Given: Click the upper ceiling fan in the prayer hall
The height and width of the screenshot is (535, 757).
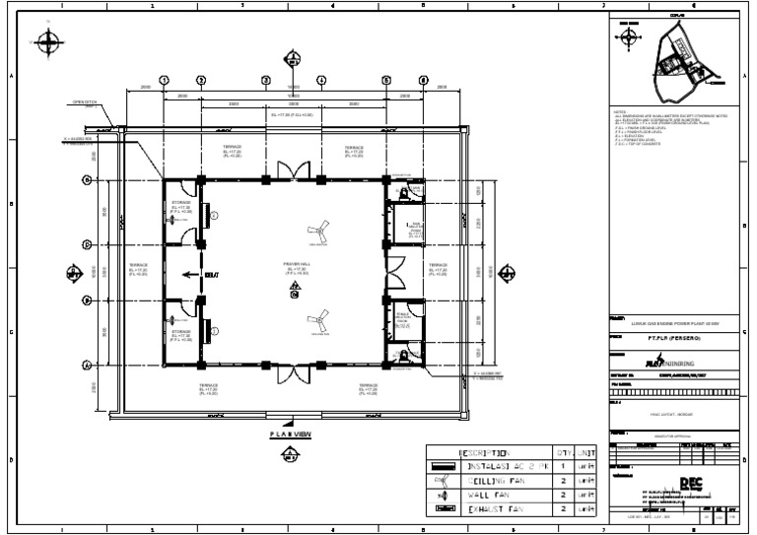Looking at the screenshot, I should point(317,233).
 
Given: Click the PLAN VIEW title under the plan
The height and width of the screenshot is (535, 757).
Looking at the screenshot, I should point(291,434).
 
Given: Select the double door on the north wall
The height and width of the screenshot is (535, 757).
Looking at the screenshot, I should point(293,169).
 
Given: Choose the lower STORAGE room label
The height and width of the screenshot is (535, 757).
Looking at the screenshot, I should point(180,334).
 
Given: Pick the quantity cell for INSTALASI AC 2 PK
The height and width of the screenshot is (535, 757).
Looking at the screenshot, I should point(562,467).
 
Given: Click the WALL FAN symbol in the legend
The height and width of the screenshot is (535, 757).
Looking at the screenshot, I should point(441,495).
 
